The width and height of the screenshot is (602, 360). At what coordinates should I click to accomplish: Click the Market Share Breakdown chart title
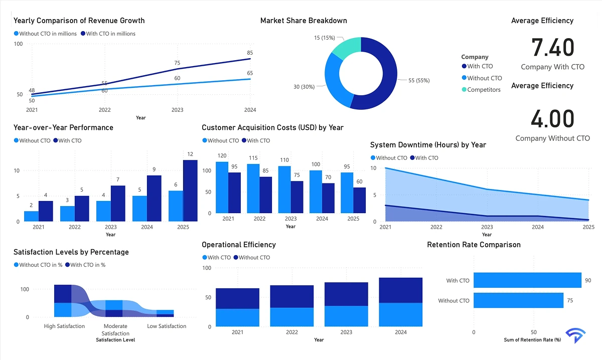tap(304, 21)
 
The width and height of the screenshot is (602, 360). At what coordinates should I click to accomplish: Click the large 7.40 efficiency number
tap(552, 48)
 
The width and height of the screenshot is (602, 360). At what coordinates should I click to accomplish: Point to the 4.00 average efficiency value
tap(552, 119)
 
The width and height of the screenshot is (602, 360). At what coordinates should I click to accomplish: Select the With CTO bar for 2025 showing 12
tap(190, 191)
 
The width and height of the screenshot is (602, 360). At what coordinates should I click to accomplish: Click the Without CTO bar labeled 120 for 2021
tap(222, 187)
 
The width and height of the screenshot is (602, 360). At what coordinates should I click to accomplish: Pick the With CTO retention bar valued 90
tap(527, 280)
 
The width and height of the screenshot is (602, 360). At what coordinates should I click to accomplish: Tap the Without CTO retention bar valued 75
tap(518, 300)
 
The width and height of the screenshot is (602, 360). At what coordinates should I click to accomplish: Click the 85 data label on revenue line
tap(250, 53)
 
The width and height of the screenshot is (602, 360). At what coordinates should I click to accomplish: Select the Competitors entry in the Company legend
tap(484, 90)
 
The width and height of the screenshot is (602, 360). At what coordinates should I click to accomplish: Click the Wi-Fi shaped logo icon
tap(575, 336)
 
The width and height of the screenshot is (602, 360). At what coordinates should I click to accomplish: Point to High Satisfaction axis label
tap(65, 326)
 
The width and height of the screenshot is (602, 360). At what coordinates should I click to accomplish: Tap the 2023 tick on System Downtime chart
tap(487, 227)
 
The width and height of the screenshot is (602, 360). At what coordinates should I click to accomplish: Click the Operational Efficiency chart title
tap(239, 245)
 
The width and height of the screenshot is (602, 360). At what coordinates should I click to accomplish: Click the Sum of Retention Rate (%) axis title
tap(532, 339)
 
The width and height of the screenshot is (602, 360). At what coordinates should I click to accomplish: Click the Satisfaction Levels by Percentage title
tap(71, 252)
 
